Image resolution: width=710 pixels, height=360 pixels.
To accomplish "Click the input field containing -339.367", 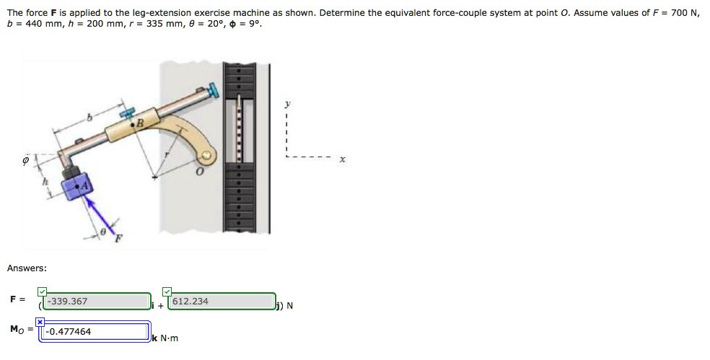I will click(x=97, y=302).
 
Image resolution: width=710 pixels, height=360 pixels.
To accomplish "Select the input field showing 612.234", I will click(x=222, y=302).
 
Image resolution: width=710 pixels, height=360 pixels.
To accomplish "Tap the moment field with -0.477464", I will click(x=95, y=332).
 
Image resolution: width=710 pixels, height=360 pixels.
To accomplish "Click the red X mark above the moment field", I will click(x=40, y=321).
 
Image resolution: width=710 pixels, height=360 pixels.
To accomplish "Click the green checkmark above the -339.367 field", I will click(x=42, y=291).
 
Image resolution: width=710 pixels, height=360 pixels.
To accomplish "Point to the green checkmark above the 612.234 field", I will click(x=167, y=291).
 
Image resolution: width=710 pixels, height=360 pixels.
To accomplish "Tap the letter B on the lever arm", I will click(x=141, y=123).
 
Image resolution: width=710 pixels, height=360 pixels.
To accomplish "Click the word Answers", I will click(x=27, y=268).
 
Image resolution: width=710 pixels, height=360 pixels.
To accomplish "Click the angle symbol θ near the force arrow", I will click(x=104, y=231).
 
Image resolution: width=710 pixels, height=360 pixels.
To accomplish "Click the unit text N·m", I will click(x=169, y=338).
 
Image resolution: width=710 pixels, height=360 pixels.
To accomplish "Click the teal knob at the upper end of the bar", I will click(x=214, y=90).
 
